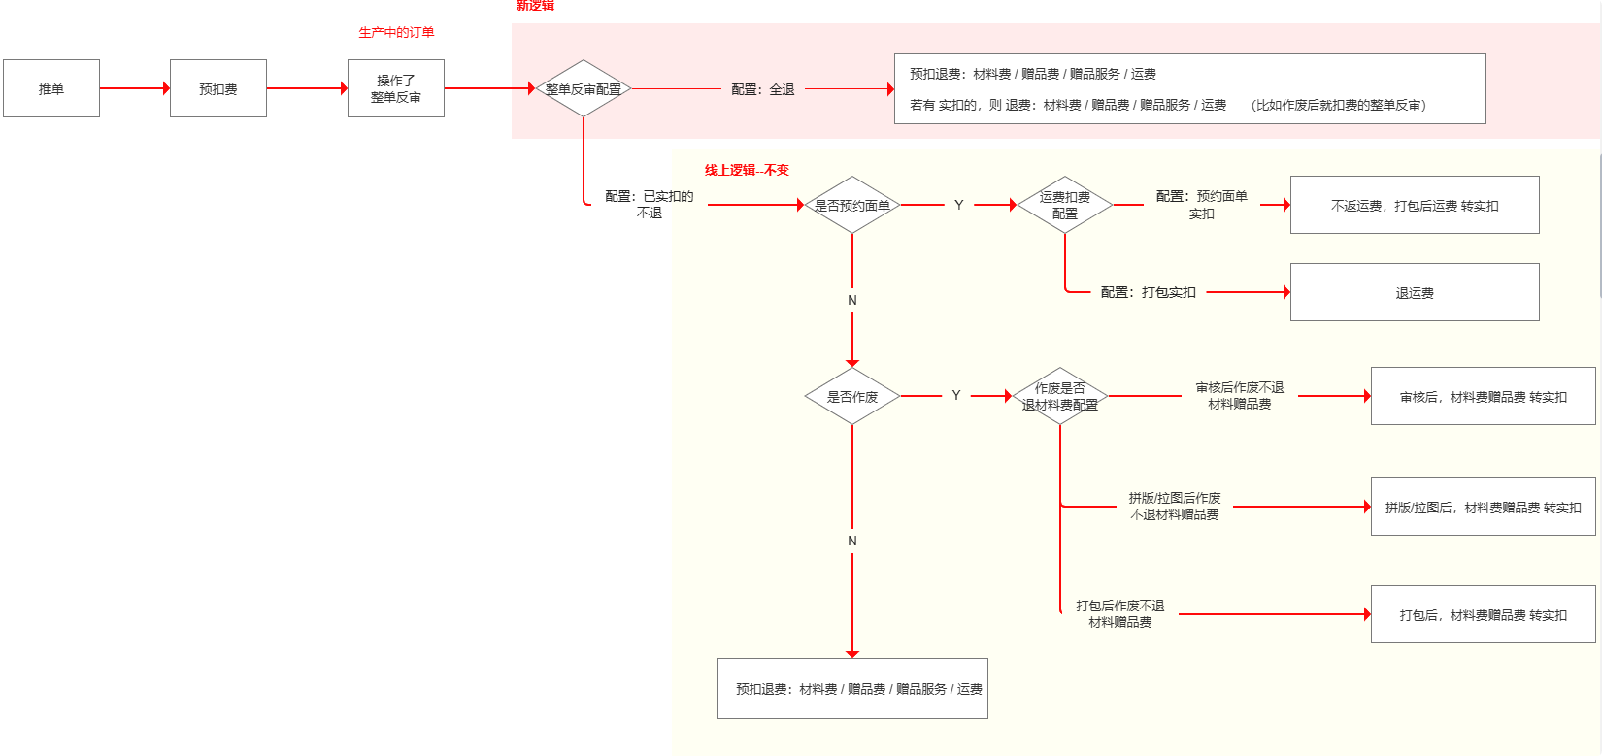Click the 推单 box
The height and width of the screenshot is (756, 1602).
(51, 88)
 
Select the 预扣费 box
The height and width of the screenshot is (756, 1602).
(218, 88)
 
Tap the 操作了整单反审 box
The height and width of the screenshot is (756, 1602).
(396, 88)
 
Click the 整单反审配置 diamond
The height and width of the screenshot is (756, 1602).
(584, 88)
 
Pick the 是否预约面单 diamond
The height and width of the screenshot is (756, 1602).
(852, 205)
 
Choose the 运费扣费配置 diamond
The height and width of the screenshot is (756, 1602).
(1065, 205)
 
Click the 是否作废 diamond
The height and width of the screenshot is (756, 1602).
(852, 396)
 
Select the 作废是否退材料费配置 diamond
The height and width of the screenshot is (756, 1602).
(1060, 396)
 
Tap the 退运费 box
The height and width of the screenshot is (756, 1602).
(1415, 292)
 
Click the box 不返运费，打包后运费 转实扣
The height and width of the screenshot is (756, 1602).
(1415, 205)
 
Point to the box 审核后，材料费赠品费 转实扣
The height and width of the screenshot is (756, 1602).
(1483, 396)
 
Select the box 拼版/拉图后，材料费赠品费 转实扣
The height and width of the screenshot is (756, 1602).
(1483, 507)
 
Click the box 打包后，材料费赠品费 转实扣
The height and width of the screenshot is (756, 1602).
(1483, 614)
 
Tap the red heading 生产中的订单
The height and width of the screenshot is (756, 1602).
(396, 32)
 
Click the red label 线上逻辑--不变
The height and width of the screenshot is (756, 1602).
(747, 170)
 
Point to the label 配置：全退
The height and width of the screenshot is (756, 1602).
(763, 89)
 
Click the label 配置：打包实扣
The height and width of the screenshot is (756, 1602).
(1149, 292)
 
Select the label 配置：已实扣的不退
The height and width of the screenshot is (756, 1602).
(649, 204)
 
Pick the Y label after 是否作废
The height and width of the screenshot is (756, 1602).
(956, 396)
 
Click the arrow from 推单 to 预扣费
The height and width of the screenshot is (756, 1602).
(135, 88)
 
